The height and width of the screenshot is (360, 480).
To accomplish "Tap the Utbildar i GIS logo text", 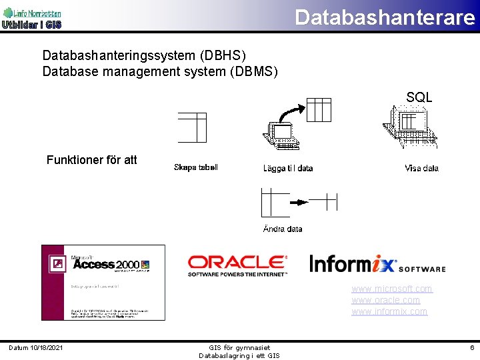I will point(31,25).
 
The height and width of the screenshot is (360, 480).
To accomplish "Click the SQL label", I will point(419,97).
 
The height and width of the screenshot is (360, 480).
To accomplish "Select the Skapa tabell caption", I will point(195,167).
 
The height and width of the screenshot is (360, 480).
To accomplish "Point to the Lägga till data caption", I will point(288,169).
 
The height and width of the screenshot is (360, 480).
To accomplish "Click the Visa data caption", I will point(421,169).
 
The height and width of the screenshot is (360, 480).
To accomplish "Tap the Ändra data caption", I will point(283,229).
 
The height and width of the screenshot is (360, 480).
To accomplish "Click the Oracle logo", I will point(237,265).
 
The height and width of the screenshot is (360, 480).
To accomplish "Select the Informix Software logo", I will point(377,264).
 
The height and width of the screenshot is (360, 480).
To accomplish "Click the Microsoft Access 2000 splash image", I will point(103,283).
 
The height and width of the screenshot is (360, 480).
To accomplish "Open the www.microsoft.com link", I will point(392,289).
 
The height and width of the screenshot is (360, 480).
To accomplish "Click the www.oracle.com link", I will point(386,300).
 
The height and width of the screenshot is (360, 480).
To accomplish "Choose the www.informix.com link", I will point(389,311).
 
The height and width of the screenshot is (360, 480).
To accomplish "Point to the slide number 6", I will point(471,347).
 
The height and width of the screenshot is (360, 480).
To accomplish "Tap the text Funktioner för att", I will point(92,160).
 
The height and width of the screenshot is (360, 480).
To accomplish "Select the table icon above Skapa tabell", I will point(192,127).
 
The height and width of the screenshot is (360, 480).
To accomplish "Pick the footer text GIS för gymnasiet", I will point(239,347).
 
